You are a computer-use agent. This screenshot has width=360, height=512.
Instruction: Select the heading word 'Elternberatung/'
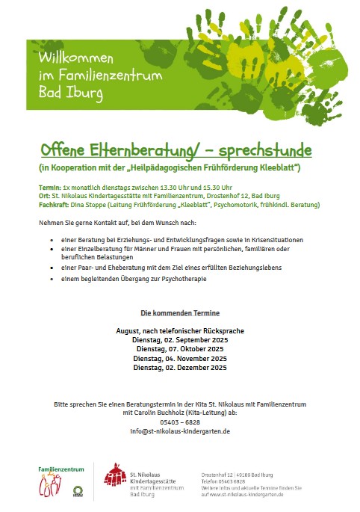coord(135,149)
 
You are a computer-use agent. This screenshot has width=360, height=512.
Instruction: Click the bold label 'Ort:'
coord(45,196)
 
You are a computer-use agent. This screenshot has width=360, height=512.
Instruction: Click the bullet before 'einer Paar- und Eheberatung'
coord(52,267)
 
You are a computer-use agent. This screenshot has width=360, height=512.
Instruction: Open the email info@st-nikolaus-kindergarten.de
coord(179,431)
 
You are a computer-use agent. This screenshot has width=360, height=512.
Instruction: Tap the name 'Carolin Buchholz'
coord(161,413)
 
